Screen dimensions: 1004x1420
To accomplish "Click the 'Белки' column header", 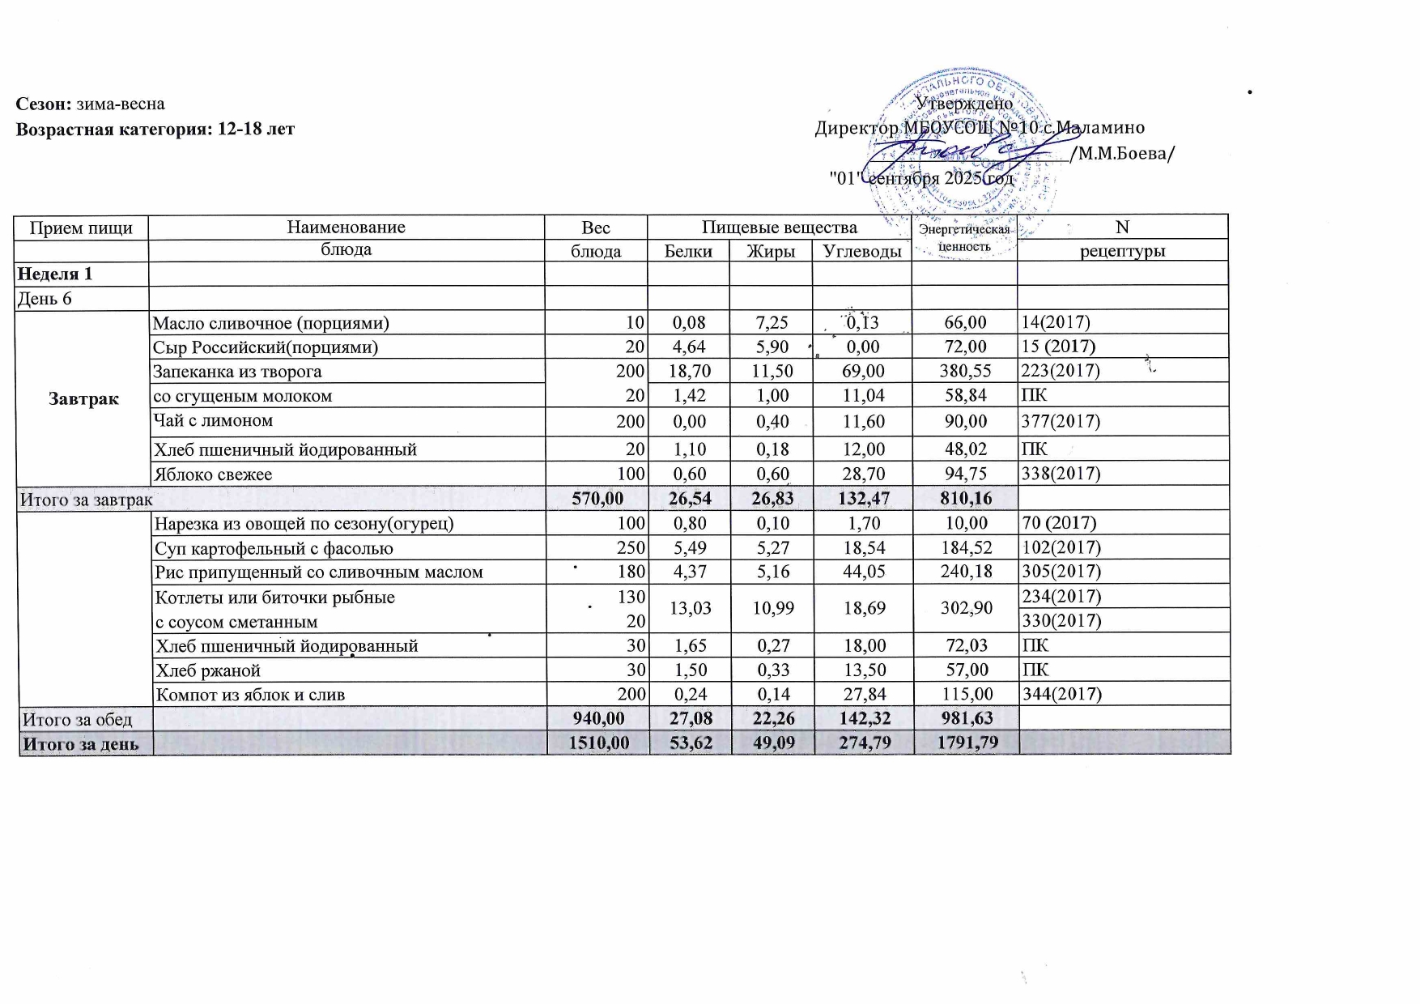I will (688, 251).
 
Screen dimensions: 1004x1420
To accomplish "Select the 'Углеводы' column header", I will (862, 251).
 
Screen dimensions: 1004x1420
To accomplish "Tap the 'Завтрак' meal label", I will (83, 398).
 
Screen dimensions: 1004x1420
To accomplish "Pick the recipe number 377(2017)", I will (1061, 421).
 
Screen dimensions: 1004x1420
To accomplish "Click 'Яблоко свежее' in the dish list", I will (213, 474).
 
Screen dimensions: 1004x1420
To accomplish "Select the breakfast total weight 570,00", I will (597, 499).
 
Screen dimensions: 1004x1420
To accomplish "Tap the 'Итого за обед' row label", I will (77, 719).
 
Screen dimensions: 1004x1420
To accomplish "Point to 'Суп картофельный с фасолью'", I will (274, 548).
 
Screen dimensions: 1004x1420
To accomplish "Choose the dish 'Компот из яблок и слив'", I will (250, 694).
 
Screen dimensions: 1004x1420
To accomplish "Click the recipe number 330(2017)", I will (1061, 621).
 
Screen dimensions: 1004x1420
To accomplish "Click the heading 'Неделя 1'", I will (54, 274).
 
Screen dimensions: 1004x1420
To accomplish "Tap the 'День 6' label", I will (45, 299).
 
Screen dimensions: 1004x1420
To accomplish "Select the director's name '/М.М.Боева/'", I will (1122, 154).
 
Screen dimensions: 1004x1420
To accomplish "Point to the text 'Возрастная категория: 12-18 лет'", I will (155, 129).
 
